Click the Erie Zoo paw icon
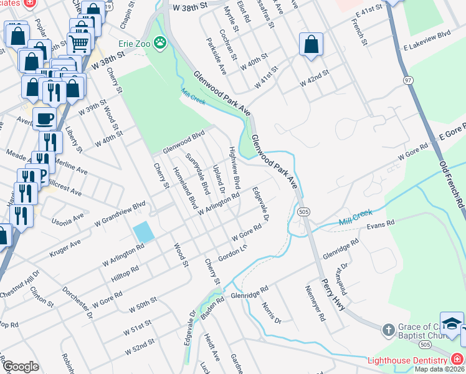tap(160, 43)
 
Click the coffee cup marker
tap(44, 118)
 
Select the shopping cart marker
tap(80, 45)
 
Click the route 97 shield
tap(407, 80)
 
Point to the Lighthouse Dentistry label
tap(407, 360)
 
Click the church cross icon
tap(388, 329)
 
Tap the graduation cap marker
tap(452, 324)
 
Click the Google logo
tap(21, 367)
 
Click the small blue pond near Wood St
tap(143, 233)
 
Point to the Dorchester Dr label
tap(77, 302)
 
